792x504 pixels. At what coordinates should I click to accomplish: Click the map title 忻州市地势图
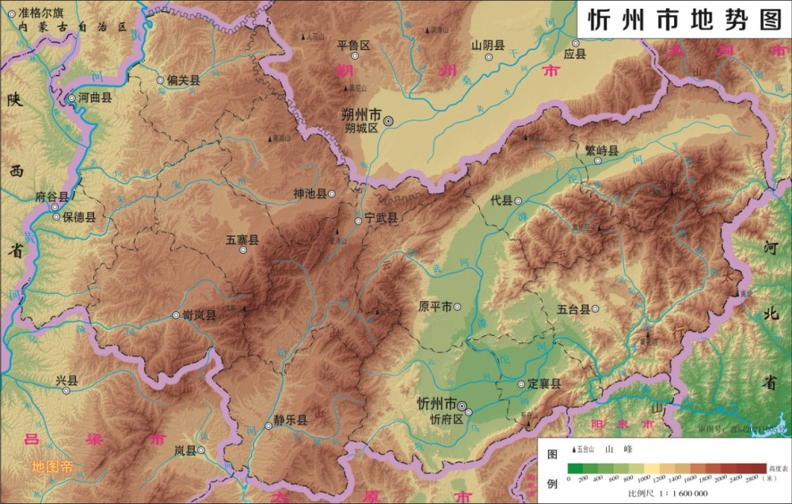click(684, 20)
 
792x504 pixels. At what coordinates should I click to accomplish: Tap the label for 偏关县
click(184, 80)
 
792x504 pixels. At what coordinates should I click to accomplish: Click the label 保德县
click(80, 216)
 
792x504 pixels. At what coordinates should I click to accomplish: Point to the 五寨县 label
click(242, 239)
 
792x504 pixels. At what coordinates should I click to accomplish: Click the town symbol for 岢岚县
click(176, 315)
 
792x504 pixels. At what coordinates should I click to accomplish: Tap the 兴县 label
click(67, 381)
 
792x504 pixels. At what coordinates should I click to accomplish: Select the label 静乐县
click(291, 420)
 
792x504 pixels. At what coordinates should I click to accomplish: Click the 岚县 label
click(185, 450)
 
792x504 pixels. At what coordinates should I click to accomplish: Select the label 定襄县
click(544, 384)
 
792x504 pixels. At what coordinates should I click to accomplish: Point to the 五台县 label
click(573, 309)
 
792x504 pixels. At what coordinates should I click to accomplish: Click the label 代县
click(501, 200)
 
